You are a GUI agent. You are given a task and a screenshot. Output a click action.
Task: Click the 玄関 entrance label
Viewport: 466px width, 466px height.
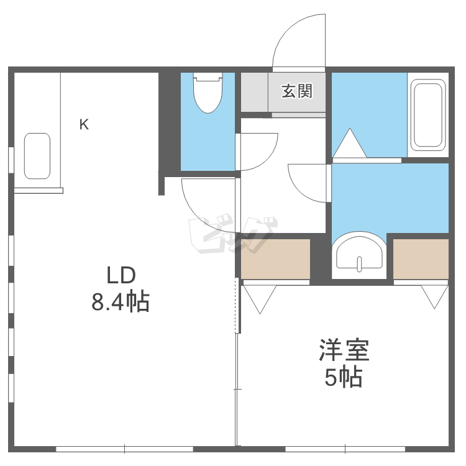point(297,91)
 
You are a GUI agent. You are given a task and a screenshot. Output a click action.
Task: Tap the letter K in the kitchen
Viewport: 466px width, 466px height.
point(84,124)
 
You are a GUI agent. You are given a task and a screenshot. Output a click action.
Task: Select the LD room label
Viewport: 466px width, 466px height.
point(121,275)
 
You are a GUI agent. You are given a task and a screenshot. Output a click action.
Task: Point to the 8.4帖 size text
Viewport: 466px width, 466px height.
point(121,301)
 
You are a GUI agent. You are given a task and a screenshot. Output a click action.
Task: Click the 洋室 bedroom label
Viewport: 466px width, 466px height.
point(344,350)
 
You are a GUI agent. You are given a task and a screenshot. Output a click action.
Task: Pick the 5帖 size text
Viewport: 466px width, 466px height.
point(343,377)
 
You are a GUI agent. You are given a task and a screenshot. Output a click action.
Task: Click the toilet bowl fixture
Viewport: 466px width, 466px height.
point(208,93)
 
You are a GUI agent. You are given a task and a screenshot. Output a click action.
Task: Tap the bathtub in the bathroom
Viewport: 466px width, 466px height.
point(428,115)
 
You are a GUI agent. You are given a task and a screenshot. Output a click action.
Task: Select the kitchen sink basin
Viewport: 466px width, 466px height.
point(37,156)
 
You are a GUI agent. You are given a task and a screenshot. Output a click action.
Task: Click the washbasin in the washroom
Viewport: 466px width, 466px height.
point(359,255)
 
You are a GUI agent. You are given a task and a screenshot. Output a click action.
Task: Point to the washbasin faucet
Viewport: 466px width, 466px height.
point(360,264)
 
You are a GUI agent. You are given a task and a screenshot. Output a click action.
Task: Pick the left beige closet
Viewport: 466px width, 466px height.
point(275,259)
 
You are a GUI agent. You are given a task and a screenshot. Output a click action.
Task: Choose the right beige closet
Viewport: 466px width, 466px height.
point(421,259)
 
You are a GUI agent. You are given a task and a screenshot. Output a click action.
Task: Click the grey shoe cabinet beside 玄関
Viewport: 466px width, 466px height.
point(254,92)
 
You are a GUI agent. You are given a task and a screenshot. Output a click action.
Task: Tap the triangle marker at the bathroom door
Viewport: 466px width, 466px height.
point(350,143)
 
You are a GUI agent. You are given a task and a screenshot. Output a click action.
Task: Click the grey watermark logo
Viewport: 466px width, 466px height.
point(233,235)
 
